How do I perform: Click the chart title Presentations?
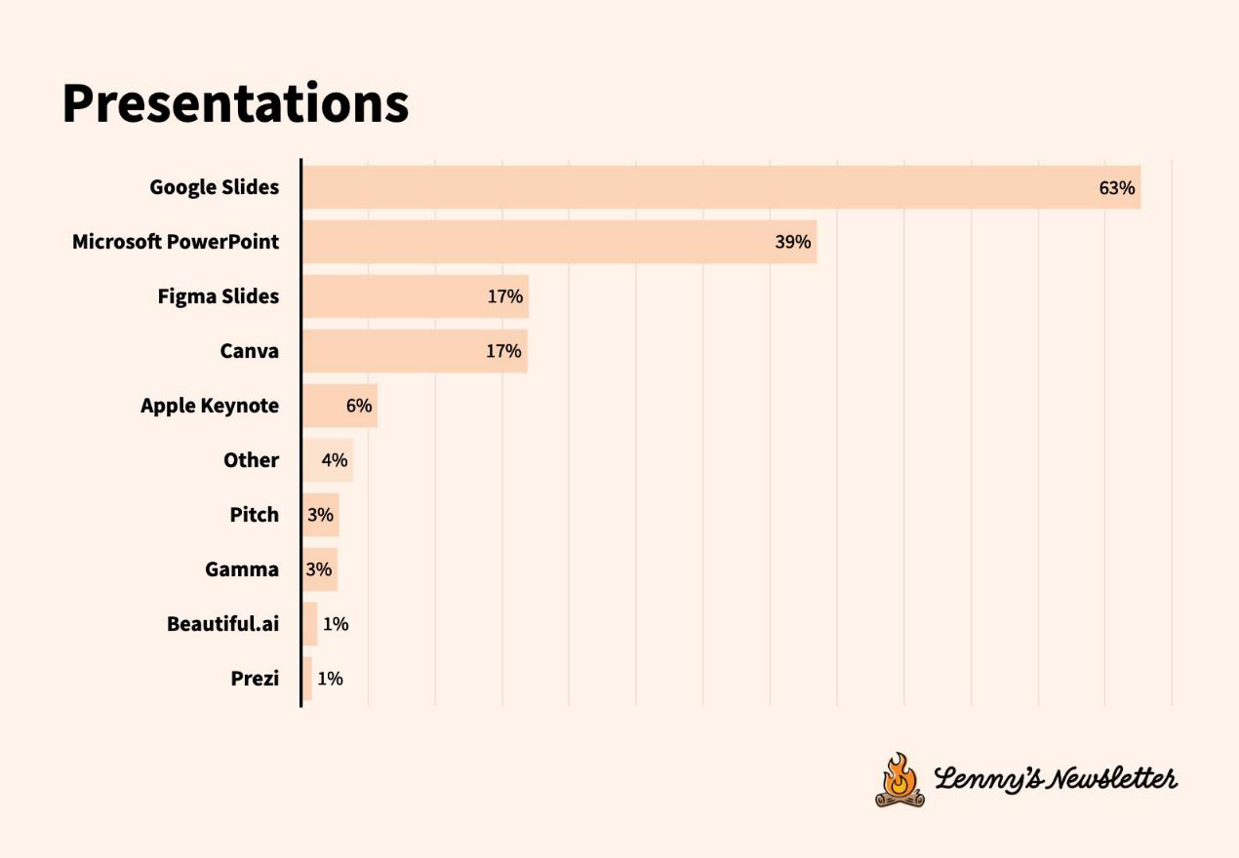[235, 102]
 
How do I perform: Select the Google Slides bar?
[721, 187]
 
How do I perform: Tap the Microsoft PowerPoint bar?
[559, 242]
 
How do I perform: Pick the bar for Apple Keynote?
[340, 406]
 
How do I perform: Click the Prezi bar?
[307, 679]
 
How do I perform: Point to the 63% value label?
[1116, 188]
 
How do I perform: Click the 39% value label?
[792, 242]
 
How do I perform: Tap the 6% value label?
[359, 406]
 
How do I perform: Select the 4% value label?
[335, 460]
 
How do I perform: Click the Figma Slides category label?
[219, 296]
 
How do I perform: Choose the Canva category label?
[249, 351]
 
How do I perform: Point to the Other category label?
[251, 460]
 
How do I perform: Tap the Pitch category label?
[255, 515]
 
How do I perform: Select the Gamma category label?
[242, 569]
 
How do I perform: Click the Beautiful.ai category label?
[222, 624]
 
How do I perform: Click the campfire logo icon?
[899, 780]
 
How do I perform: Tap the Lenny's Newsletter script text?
[1056, 778]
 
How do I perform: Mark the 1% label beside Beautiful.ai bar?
[336, 624]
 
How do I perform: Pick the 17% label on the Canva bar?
[503, 351]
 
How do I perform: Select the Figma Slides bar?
[416, 296]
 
